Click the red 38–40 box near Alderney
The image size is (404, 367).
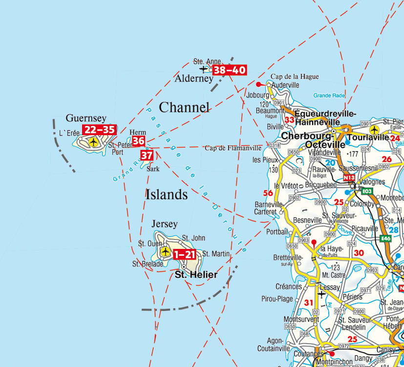coord(229,70)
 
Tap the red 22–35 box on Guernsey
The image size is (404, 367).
coord(99,130)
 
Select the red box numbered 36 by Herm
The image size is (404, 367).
coord(139,142)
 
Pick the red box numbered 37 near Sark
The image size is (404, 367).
coord(147,156)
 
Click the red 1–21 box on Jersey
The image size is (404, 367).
coord(185,254)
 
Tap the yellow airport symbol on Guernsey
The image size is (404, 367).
coord(93,142)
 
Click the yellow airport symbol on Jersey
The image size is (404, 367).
coord(165,252)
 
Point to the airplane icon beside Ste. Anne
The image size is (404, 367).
coord(204,69)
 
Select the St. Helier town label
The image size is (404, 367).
coord(196,275)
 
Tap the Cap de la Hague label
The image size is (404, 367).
coord(295,77)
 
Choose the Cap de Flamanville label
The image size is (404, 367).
coord(233,148)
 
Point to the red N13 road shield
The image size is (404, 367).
coord(349,178)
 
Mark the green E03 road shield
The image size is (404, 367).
coord(367,191)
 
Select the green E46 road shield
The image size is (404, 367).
coord(386,238)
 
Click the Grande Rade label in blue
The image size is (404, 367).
coord(329,96)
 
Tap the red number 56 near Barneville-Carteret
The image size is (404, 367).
coord(268,193)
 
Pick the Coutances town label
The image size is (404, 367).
coord(309,354)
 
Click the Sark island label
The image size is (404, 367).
coord(153,169)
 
